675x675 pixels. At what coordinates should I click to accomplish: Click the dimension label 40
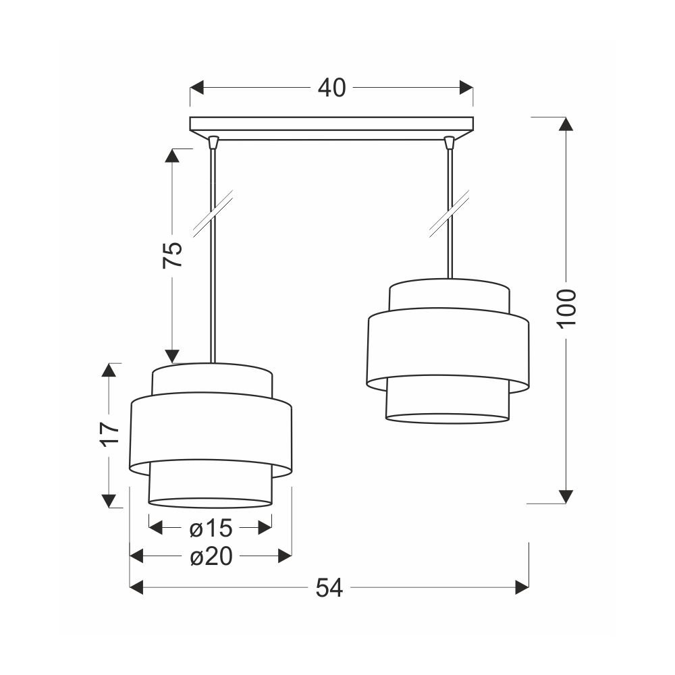pyautogui.click(x=331, y=88)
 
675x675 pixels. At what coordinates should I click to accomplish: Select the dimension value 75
pyautogui.click(x=173, y=255)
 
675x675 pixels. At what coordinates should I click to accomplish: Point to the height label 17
pyautogui.click(x=110, y=434)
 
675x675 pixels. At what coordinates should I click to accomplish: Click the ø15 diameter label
pyautogui.click(x=211, y=528)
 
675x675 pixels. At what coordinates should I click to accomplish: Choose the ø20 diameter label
pyautogui.click(x=211, y=557)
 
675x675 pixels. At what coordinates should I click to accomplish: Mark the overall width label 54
pyautogui.click(x=329, y=587)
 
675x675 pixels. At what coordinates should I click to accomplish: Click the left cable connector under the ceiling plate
pyautogui.click(x=213, y=142)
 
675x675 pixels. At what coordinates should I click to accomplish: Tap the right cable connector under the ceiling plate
pyautogui.click(x=450, y=142)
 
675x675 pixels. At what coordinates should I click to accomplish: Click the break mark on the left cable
pyautogui.click(x=213, y=213)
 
